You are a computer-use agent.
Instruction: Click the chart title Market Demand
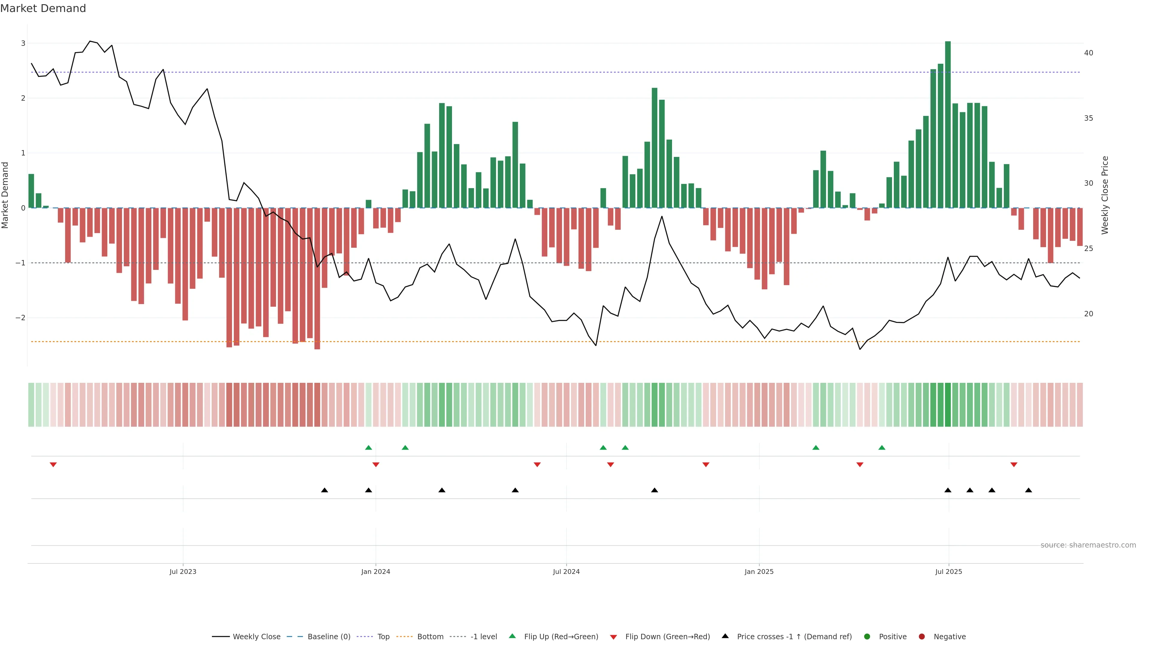[x=43, y=8]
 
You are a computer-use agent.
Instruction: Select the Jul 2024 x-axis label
[x=566, y=572]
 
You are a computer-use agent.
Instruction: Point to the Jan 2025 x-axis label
[x=759, y=572]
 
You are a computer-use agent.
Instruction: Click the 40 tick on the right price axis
[x=1088, y=53]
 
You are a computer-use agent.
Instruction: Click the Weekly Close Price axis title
[x=1105, y=195]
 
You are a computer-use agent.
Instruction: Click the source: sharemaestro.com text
[x=1088, y=545]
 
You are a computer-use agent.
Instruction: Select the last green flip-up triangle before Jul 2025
[x=882, y=448]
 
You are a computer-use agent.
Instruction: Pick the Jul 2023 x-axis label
[x=183, y=572]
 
